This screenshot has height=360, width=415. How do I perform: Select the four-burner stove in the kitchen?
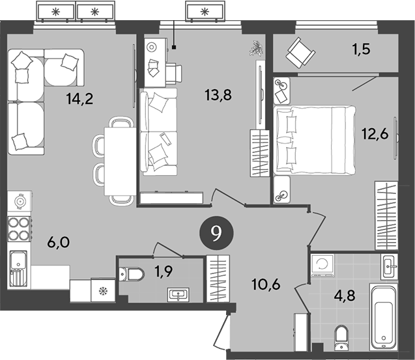(x=19, y=228)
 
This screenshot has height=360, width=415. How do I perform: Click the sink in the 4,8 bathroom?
(x=388, y=265)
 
